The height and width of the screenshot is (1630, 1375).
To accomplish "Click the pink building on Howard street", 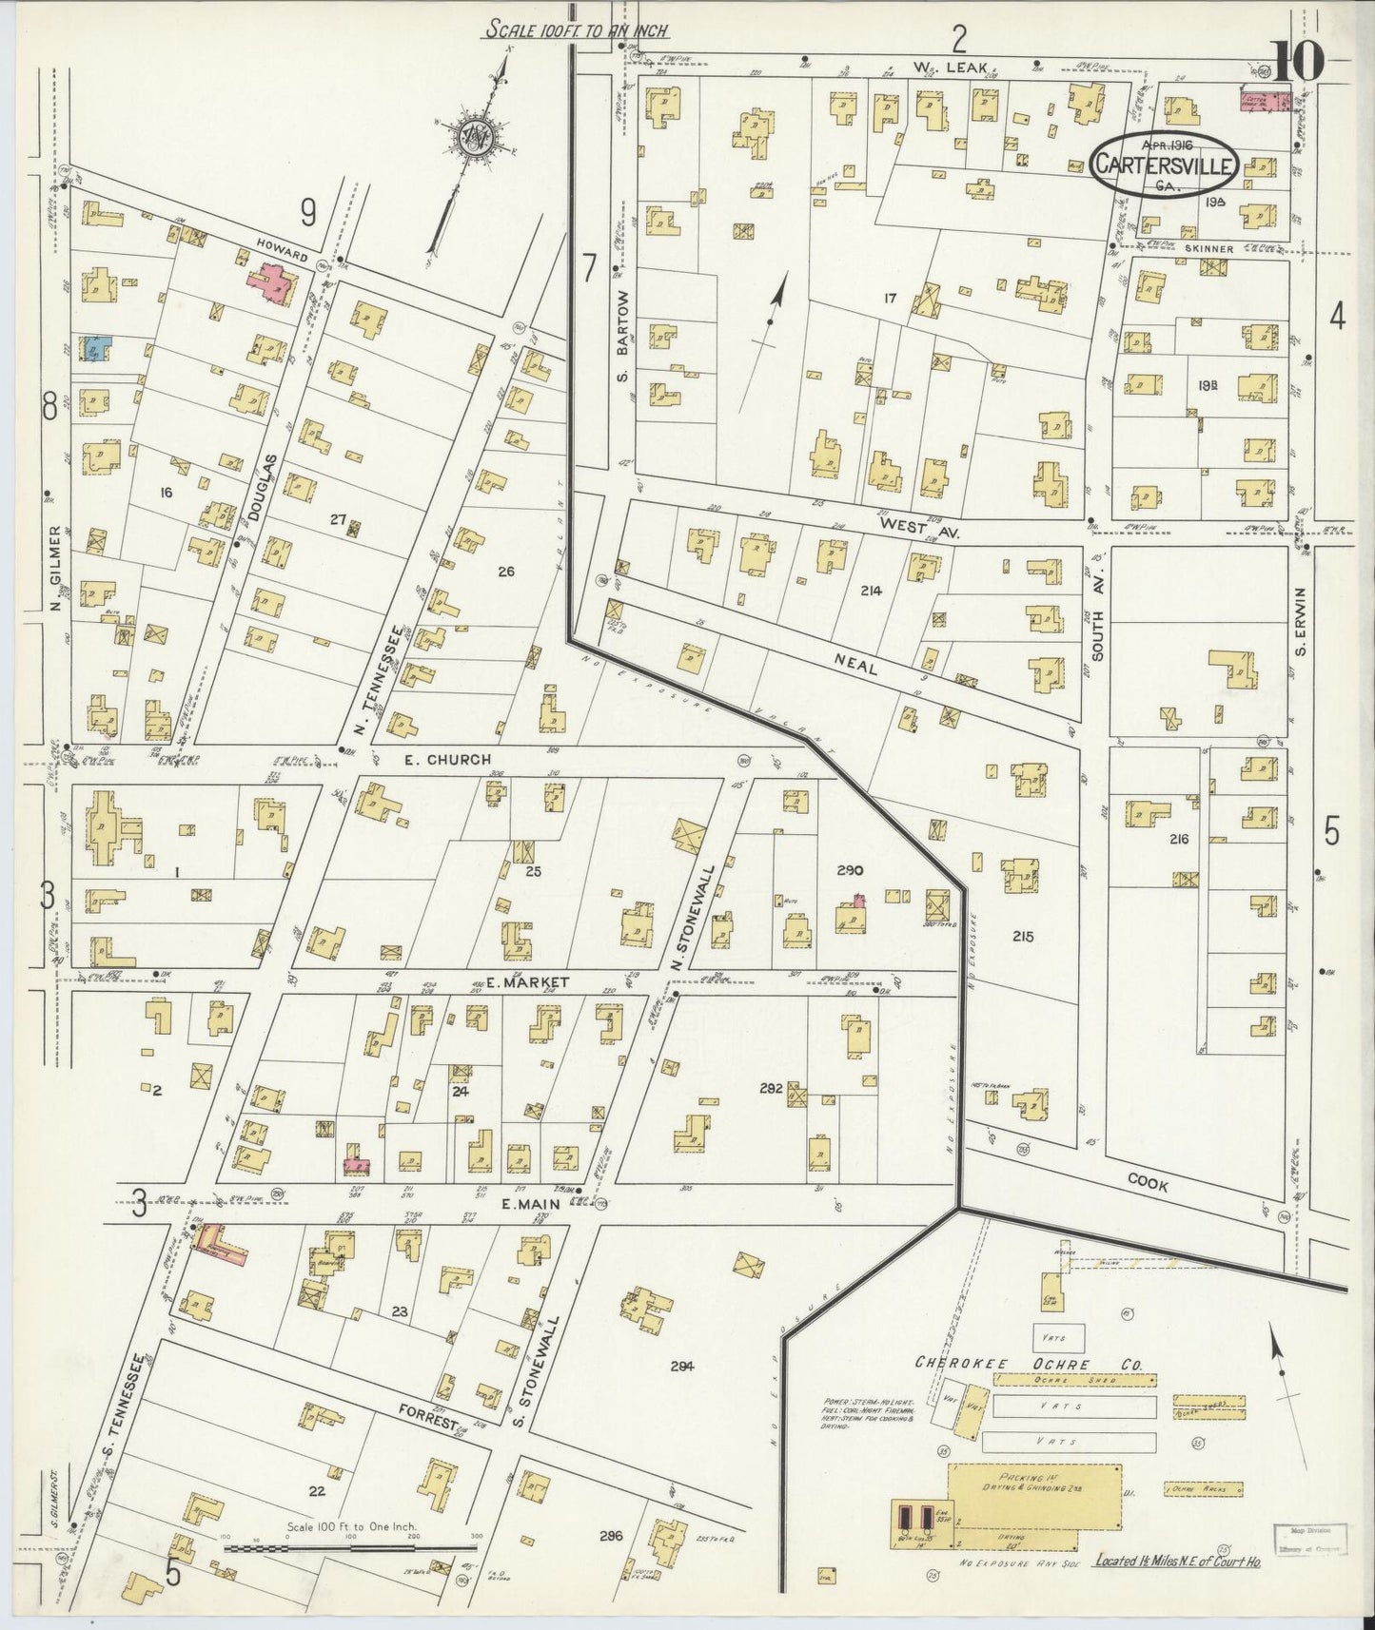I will click(x=270, y=283).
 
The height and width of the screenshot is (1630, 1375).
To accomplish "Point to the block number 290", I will click(x=849, y=869).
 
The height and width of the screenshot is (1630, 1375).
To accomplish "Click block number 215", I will click(x=1023, y=937).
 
